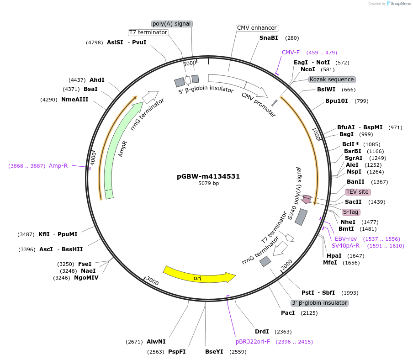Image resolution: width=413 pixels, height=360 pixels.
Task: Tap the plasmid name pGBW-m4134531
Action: (x=208, y=176)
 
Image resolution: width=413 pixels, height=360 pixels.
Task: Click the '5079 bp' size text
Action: (x=208, y=184)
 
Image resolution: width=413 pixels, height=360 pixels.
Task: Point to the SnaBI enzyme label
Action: (x=269, y=38)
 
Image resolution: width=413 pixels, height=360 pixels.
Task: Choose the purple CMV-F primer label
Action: (x=291, y=53)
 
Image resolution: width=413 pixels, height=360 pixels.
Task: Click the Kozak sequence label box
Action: (x=332, y=79)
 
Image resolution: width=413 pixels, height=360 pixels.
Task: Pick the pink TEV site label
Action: (x=357, y=192)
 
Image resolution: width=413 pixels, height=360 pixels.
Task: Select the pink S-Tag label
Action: (x=351, y=212)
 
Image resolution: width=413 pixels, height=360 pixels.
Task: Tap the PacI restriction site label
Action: (x=288, y=313)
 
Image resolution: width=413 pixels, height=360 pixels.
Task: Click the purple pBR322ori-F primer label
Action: (x=253, y=341)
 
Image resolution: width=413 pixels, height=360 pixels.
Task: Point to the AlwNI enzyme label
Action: (x=156, y=341)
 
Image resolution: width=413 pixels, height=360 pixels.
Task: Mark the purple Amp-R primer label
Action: (x=58, y=166)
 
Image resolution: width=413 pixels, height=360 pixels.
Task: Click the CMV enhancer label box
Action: (x=257, y=28)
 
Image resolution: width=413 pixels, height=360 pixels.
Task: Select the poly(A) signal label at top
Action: (x=172, y=24)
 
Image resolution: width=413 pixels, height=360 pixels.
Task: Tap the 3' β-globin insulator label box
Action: (x=319, y=303)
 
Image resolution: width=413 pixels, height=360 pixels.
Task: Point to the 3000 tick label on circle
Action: (x=153, y=282)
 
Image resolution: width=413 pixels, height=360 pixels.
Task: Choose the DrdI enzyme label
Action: (x=262, y=332)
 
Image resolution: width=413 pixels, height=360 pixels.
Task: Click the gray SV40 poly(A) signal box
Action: (x=301, y=217)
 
